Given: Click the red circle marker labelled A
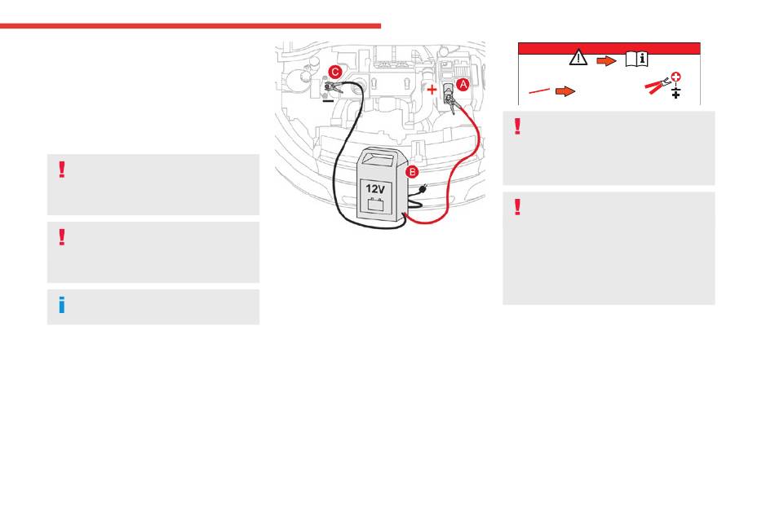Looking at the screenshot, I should [x=462, y=83].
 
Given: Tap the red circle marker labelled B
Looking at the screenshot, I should [x=413, y=172].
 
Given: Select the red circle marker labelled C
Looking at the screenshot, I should [x=334, y=71].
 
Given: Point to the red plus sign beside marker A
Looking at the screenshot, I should [x=432, y=89].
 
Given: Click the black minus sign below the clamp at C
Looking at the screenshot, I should [x=326, y=102].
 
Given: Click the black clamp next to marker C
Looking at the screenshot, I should [x=334, y=85].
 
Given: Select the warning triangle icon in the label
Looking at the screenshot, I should [x=578, y=59].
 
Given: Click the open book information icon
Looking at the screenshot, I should [x=636, y=59].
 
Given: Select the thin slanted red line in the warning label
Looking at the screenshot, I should [x=538, y=91].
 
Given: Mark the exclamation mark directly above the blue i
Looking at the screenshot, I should [x=62, y=237].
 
